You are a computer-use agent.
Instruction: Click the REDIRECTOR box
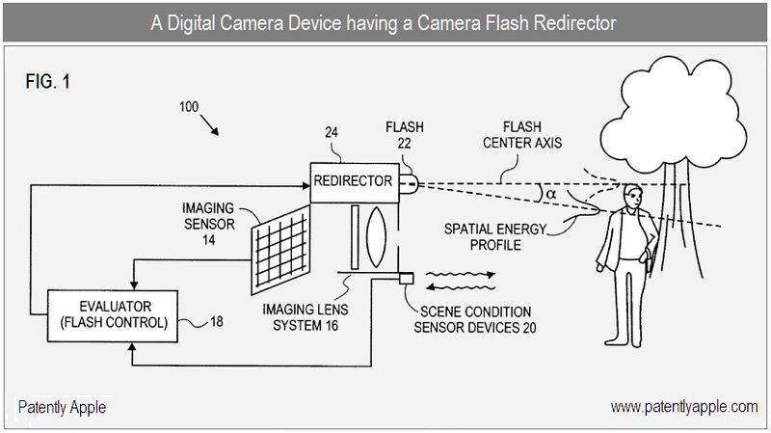(x=353, y=181)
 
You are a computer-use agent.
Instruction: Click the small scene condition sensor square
(x=406, y=280)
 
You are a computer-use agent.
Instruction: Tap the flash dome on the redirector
(x=405, y=181)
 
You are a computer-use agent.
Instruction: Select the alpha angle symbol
(x=550, y=192)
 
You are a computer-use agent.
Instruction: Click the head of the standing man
(x=631, y=197)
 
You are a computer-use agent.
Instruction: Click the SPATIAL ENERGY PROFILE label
(x=495, y=237)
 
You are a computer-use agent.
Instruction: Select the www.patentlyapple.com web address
(x=684, y=407)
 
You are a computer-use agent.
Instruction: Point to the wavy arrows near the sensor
(x=462, y=279)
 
